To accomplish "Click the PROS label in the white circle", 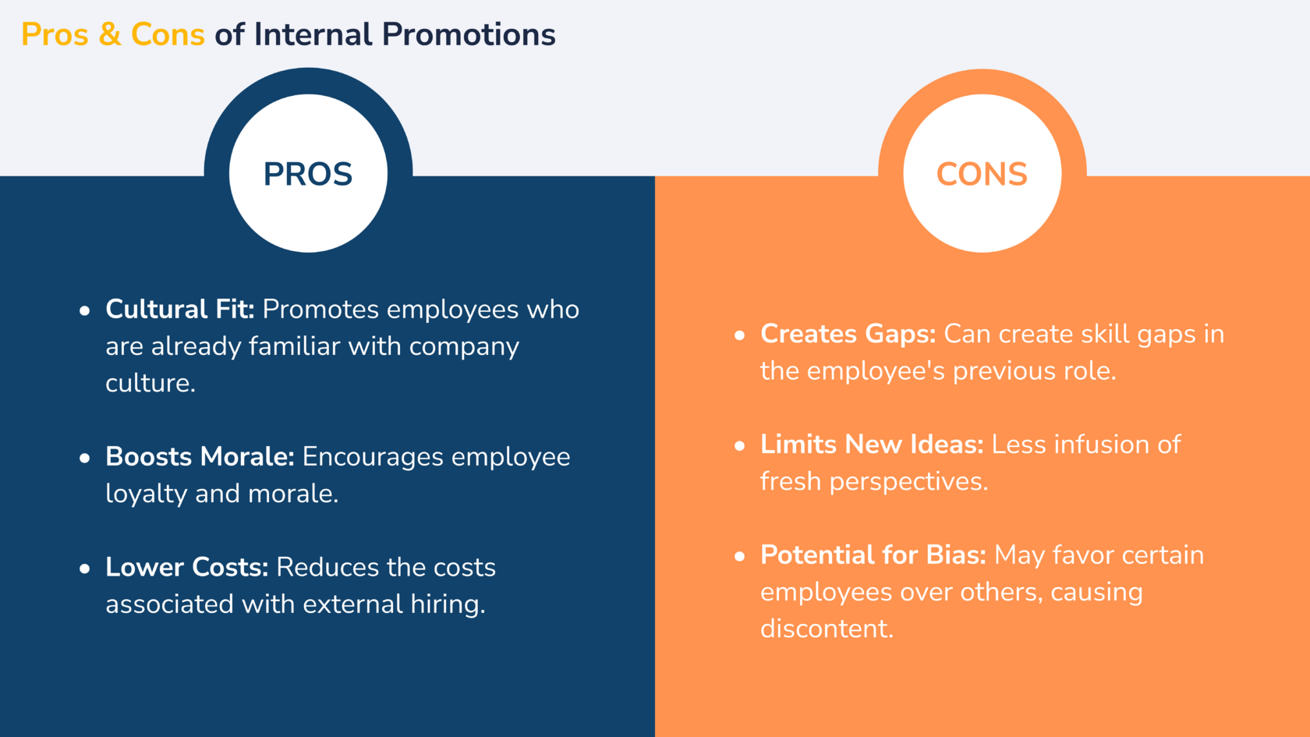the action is [x=307, y=175].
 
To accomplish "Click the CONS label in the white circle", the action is [x=982, y=175].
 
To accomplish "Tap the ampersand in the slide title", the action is [x=109, y=34].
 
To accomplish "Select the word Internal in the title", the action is [x=313, y=34].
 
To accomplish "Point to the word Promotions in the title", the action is [x=469, y=34].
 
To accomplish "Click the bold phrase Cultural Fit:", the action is [x=179, y=309].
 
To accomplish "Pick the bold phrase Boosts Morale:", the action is [x=200, y=456].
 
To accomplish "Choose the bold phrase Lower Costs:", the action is [x=186, y=567].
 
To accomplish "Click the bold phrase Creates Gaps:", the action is [x=848, y=334].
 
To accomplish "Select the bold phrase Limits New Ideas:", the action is [x=872, y=444].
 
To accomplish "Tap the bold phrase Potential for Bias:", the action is [x=873, y=555].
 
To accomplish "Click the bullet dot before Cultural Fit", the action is [x=85, y=310].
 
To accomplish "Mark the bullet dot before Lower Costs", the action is [x=85, y=569].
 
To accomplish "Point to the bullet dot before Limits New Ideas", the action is [x=740, y=446].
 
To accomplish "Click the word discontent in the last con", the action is [x=827, y=629].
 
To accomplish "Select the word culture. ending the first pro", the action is [x=150, y=382].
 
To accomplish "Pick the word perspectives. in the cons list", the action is [x=909, y=482].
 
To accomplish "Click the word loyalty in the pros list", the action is [x=147, y=494].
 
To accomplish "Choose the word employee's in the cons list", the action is [x=876, y=371].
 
